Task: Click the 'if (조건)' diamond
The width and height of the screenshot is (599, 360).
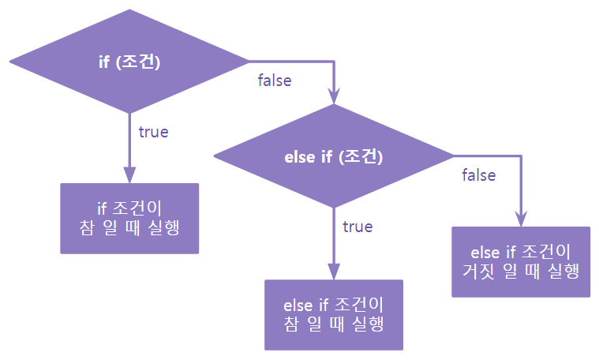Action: coord(129,62)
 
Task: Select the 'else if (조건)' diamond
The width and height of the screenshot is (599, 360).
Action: coord(333,156)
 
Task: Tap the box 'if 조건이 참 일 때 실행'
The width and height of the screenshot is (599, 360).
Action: coord(129,219)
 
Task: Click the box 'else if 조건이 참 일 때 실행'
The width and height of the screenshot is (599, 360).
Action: coord(333,314)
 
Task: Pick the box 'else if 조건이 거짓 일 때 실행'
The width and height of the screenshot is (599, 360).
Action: coord(520,261)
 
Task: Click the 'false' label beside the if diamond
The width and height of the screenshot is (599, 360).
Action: coord(275,81)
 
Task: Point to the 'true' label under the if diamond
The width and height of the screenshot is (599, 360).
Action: coord(153,132)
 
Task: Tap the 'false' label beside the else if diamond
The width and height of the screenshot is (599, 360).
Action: coord(479,175)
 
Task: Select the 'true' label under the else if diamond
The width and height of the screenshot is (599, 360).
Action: coord(358,227)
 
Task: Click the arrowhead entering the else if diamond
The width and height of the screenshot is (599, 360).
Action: coord(334,99)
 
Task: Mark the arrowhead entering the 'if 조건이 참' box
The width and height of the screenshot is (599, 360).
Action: coord(129,175)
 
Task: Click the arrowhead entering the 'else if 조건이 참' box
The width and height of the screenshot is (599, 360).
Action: coord(333,272)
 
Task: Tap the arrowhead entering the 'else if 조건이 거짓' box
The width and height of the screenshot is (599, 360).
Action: coord(521,219)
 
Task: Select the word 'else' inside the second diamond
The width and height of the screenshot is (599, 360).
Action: coord(298,156)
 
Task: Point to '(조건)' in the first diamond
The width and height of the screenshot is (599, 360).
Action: coord(138,62)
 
